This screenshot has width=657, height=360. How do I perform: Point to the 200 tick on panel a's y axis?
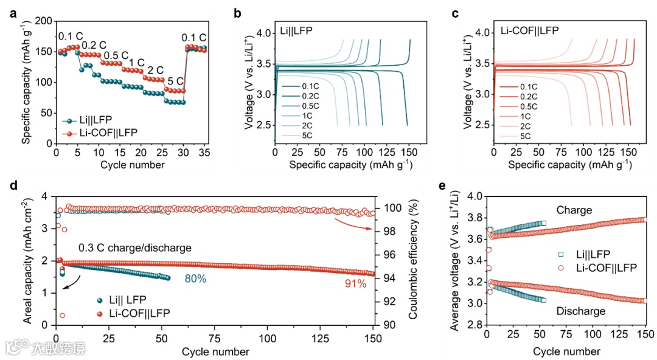tap(44, 21)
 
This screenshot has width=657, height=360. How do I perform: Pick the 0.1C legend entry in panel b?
tap(310, 87)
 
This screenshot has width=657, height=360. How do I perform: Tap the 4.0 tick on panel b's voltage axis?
tap(263, 33)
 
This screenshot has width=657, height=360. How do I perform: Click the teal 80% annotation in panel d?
tap(196, 279)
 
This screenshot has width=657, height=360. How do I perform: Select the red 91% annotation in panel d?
tap(355, 283)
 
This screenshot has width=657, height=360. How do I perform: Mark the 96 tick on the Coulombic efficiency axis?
tap(385, 255)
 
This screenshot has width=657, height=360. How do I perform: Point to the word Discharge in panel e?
tap(580, 311)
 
